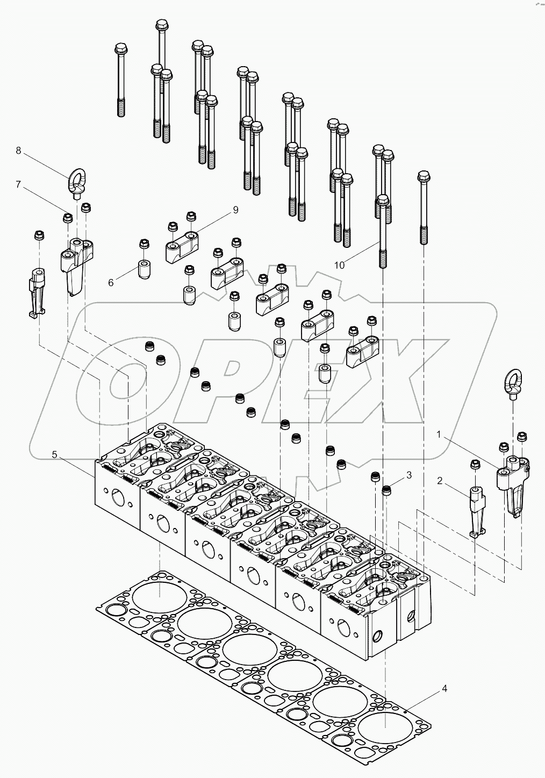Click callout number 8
(18, 151)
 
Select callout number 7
(18, 184)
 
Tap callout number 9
(235, 210)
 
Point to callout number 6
(111, 282)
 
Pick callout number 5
(54, 454)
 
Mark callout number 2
(440, 481)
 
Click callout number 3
(409, 475)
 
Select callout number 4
(443, 688)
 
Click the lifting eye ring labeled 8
(75, 178)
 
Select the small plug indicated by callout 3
(386, 490)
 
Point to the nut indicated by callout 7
(68, 218)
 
